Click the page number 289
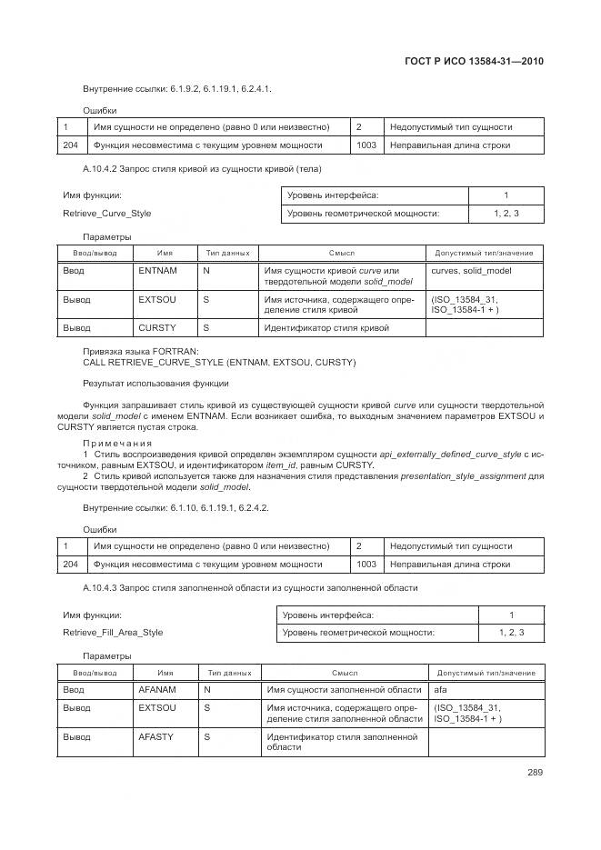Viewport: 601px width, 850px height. click(x=535, y=773)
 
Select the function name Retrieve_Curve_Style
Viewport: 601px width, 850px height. click(x=106, y=214)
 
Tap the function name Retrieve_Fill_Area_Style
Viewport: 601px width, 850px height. click(x=113, y=633)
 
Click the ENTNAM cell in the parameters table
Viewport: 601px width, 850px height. click(x=157, y=271)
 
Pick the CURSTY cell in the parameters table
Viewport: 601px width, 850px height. click(x=157, y=327)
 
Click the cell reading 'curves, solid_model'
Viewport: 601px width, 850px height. click(x=471, y=271)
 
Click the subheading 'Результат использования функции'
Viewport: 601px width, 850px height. click(x=155, y=384)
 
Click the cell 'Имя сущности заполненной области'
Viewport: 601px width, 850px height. click(x=344, y=690)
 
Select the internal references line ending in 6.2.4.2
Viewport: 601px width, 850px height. click(x=175, y=507)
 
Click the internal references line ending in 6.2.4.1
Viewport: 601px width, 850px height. click(x=176, y=88)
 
